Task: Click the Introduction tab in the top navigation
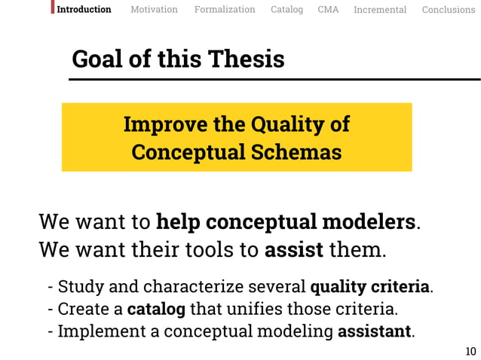coord(84,10)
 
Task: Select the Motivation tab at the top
coord(154,10)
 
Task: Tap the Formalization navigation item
coord(225,10)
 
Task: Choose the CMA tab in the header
coord(328,10)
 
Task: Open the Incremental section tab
coord(380,10)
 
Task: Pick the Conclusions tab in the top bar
coord(449,10)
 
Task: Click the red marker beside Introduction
coord(53,8)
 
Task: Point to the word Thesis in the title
coord(246,59)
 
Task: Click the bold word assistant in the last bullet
coord(375,331)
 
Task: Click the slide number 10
coord(470,351)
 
